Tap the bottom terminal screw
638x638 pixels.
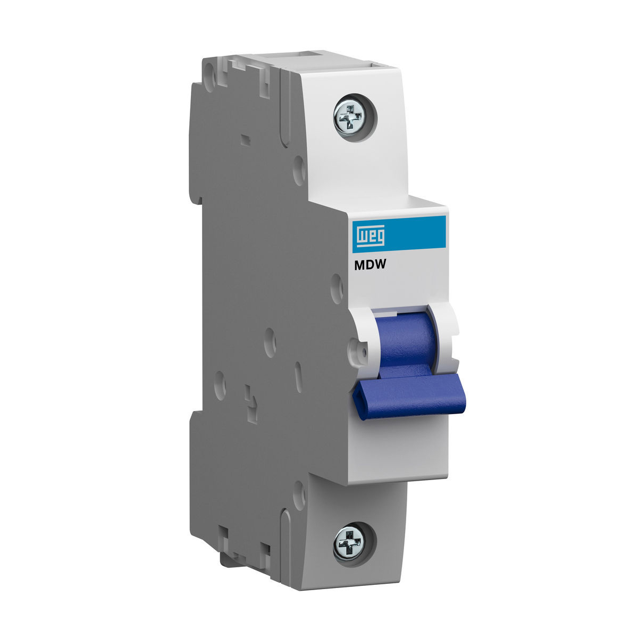pyautogui.click(x=349, y=543)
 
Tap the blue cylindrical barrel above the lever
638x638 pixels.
pyautogui.click(x=405, y=340)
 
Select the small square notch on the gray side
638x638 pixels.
pyautogui.click(x=245, y=140)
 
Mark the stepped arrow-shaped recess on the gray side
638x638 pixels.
pyautogui.click(x=249, y=398)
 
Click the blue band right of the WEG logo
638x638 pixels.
pyautogui.click(x=420, y=234)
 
